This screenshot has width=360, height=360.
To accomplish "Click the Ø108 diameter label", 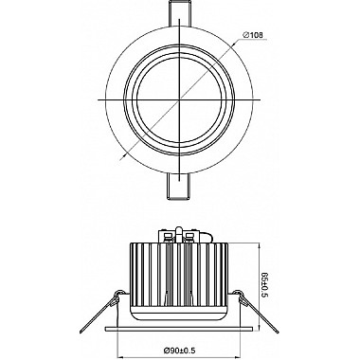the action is [x=253, y=35].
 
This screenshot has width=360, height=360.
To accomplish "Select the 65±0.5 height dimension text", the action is [x=265, y=285].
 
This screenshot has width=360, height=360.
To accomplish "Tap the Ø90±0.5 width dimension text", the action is [x=180, y=351].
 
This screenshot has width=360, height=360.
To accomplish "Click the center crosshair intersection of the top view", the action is [x=179, y=99].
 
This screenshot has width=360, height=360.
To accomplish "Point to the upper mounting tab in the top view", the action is [x=179, y=14].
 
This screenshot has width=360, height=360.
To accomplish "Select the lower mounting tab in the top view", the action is [x=179, y=187].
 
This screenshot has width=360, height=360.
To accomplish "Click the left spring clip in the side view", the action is [x=101, y=310].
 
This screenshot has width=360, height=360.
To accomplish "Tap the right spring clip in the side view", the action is [x=257, y=310].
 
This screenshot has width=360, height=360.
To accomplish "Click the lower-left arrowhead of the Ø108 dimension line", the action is [x=124, y=155].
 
